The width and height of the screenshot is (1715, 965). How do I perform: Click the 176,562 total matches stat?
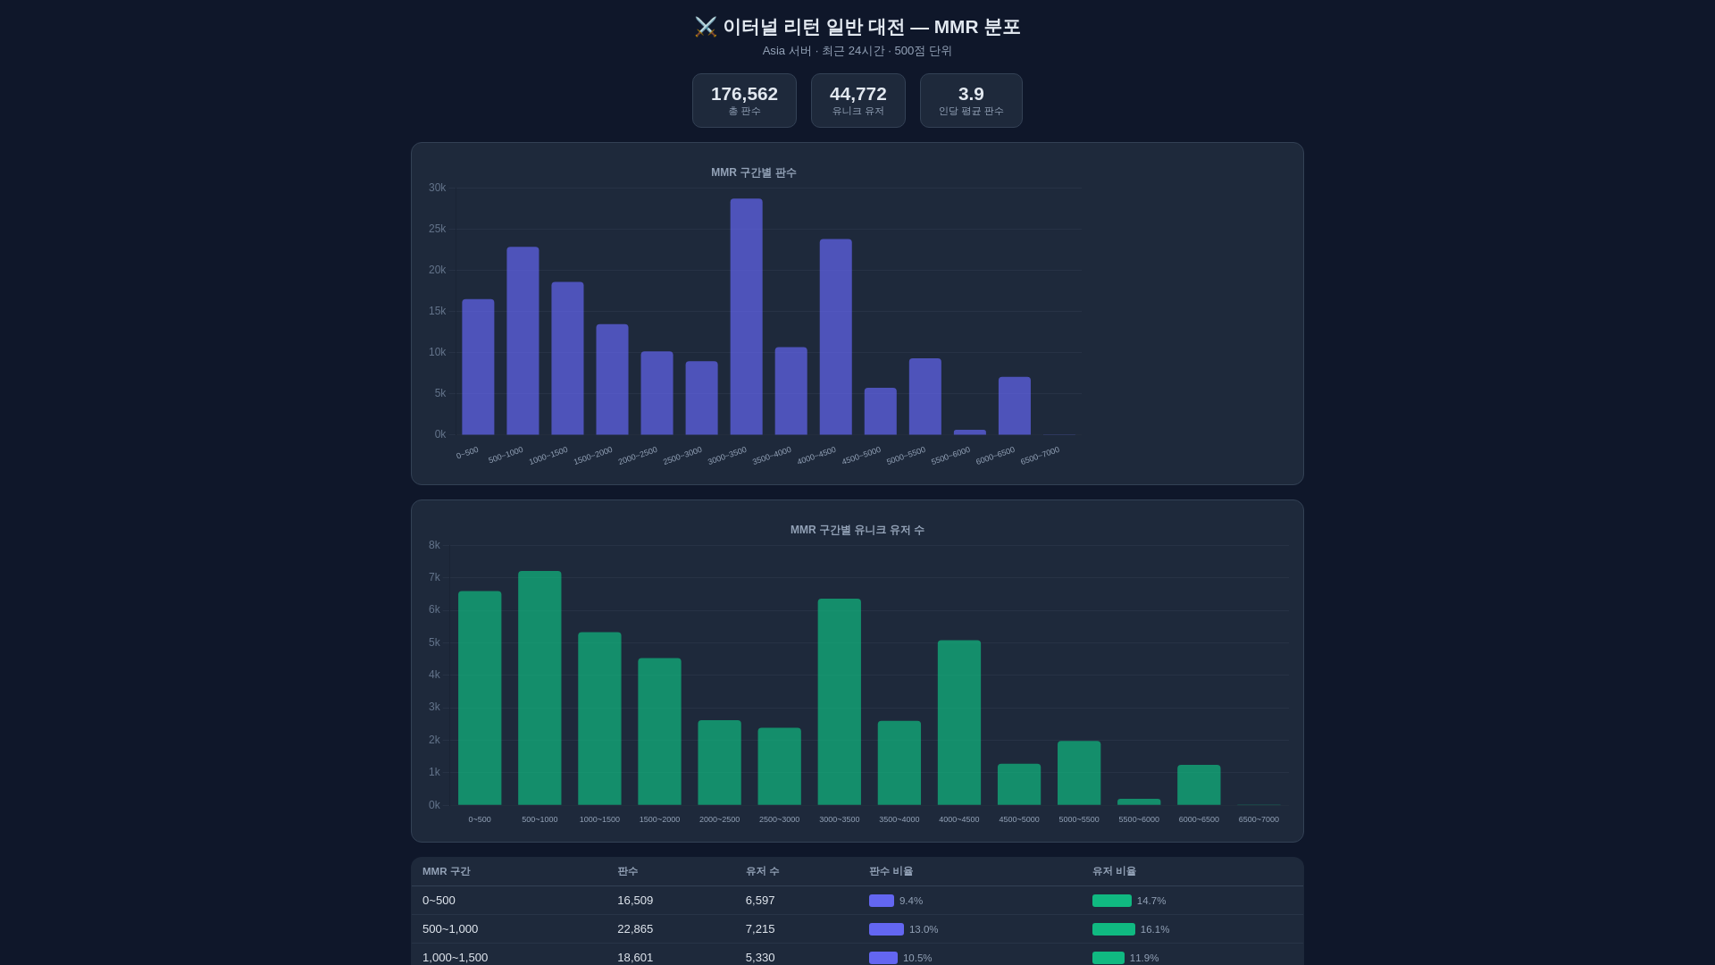[x=744, y=94]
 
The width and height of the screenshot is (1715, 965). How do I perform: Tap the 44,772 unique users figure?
[x=857, y=94]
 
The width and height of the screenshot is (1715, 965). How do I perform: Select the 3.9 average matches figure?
[x=970, y=94]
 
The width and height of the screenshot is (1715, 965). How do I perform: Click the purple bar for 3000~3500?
[x=746, y=317]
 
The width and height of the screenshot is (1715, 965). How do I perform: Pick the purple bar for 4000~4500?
[x=835, y=337]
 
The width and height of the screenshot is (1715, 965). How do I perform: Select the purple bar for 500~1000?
[x=523, y=341]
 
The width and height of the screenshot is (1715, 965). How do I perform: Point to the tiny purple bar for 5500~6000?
[x=969, y=432]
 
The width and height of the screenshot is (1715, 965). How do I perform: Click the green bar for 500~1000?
[x=540, y=688]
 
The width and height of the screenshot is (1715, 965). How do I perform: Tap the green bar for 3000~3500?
[x=839, y=701]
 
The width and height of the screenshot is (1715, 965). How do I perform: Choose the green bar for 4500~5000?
[x=1018, y=785]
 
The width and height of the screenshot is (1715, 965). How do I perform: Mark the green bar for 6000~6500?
[x=1198, y=785]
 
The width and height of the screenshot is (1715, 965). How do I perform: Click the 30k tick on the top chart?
[x=437, y=188]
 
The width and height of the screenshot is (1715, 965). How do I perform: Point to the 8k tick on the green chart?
[x=434, y=545]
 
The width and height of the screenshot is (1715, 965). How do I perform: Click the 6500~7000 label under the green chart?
[x=1258, y=819]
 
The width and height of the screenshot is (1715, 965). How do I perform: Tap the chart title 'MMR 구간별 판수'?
[x=753, y=172]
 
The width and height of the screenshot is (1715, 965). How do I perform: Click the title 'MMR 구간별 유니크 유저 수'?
[x=857, y=530]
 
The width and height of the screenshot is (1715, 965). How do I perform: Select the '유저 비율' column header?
[x=1114, y=871]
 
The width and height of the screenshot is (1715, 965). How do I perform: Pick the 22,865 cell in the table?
[x=634, y=929]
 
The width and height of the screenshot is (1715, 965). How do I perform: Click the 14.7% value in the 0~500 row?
[x=1150, y=901]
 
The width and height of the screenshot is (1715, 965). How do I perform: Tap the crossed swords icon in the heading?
[x=706, y=27]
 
